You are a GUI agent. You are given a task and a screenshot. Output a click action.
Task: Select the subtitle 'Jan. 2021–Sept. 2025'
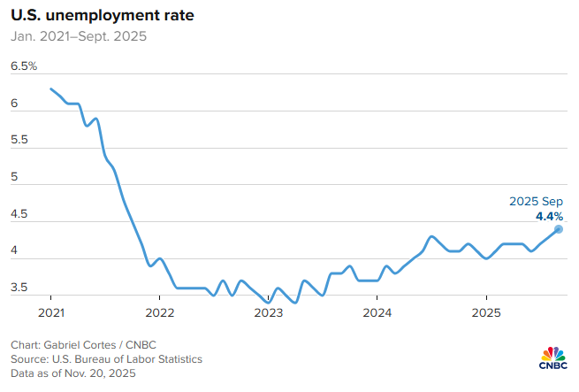[x=79, y=37]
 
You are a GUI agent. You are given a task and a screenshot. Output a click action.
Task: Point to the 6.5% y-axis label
[x=24, y=66]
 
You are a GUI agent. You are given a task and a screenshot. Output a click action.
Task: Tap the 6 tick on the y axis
[x=14, y=104]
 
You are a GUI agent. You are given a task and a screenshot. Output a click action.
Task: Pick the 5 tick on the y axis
[x=14, y=177]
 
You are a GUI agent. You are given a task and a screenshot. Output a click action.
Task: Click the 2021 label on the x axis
[x=51, y=312]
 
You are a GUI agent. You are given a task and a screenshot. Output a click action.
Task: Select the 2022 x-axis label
[x=160, y=312]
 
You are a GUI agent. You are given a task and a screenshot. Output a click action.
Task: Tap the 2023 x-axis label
[x=269, y=312]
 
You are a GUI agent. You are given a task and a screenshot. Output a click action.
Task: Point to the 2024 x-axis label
[x=377, y=312]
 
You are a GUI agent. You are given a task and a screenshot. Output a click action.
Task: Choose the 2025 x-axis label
[x=486, y=312]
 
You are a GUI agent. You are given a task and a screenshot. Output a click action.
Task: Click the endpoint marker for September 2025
[x=559, y=229]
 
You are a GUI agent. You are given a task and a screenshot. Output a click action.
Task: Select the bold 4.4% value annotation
[x=549, y=215]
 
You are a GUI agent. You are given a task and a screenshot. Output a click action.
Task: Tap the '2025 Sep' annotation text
[x=536, y=202]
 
